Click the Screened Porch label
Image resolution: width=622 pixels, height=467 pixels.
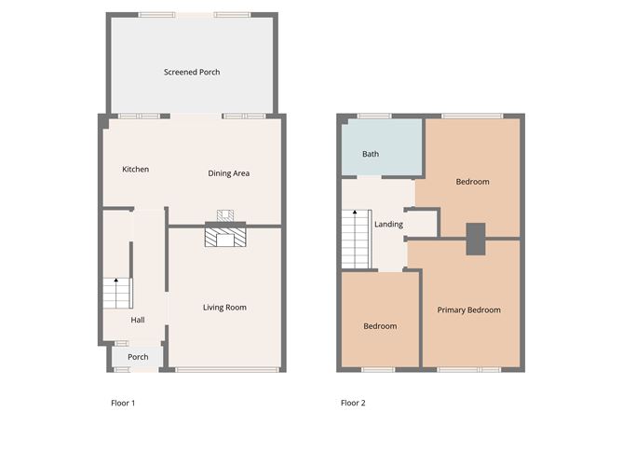coord(192,72)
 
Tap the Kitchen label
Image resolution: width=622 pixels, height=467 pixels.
coord(136,170)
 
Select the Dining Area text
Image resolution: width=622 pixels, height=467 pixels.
coord(228,173)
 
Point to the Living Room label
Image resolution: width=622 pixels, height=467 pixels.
coord(225,308)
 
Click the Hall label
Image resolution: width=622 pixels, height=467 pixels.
coord(138,320)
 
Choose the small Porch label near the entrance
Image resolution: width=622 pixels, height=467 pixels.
coord(138,357)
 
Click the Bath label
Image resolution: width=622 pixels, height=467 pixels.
coord(371,154)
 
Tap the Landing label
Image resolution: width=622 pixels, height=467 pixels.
coord(388,225)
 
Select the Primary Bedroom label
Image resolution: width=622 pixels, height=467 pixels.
coord(469,310)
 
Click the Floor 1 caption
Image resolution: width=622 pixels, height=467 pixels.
coord(123,404)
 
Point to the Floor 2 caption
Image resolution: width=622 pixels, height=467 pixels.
coord(353,404)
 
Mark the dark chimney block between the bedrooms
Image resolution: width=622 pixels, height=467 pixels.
coord(476,239)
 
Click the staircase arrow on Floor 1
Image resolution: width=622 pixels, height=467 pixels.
coord(116,282)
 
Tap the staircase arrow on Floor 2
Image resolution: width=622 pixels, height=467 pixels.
coord(354,215)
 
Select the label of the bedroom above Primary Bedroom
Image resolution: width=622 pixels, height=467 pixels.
coord(472,182)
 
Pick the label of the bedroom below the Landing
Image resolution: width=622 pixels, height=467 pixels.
coord(380,326)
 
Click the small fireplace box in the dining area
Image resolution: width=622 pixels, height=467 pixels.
coord(223,215)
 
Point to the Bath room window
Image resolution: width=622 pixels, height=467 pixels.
coord(374,116)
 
